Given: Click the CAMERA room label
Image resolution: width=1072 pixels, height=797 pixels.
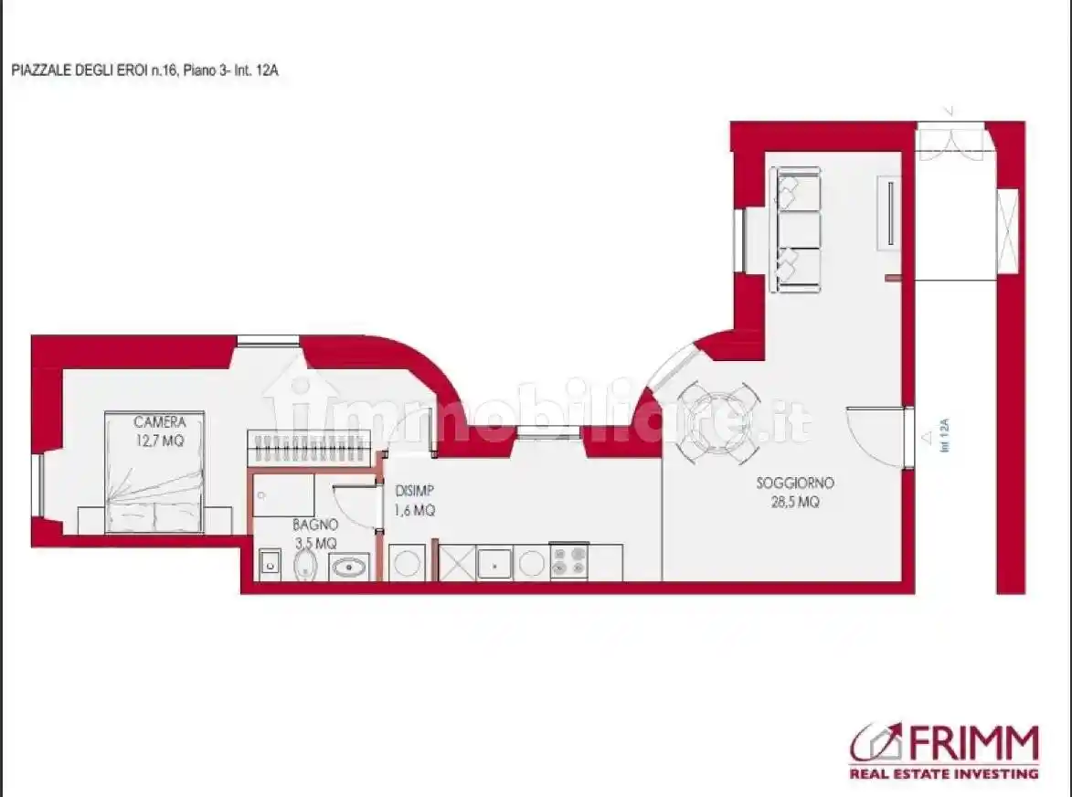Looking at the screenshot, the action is tap(159, 422).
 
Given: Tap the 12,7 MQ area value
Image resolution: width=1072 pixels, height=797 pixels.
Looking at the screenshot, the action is tap(159, 441).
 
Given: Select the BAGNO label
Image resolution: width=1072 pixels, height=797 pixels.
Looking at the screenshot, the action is tap(315, 525).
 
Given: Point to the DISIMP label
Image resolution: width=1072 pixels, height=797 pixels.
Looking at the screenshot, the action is tap(414, 491).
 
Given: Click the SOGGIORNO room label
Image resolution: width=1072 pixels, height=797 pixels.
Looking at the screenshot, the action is tap(795, 484).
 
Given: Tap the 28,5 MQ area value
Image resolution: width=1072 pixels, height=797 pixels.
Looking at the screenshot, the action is tap(795, 503).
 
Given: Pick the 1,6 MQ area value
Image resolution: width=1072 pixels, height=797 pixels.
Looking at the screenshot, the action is tap(414, 510).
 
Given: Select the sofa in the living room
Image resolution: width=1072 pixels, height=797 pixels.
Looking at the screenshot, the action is tap(796, 229).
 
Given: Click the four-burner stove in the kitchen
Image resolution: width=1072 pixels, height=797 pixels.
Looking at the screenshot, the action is tap(568, 562).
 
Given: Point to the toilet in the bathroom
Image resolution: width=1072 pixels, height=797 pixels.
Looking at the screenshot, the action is tap(305, 565).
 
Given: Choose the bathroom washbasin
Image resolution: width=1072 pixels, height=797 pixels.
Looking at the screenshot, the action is tap(349, 567).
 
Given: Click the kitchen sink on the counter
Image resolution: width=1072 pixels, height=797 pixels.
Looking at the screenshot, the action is tap(494, 563).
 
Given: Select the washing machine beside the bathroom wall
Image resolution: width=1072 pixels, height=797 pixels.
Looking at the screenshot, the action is tap(408, 563).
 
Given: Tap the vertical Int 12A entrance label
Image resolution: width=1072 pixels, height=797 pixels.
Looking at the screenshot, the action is tap(945, 435).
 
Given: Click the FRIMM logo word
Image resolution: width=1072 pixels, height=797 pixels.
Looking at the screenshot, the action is tap(971, 744).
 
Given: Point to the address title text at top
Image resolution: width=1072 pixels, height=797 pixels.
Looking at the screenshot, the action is tap(145, 70).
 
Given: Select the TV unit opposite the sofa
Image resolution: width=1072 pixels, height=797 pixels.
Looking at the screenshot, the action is tap(889, 213).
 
